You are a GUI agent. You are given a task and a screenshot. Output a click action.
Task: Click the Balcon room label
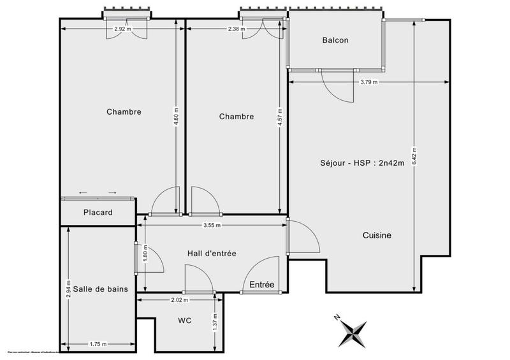[335, 40]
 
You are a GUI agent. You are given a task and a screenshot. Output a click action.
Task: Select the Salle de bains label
[100, 289]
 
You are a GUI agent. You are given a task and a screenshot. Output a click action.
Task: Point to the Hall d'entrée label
[212, 253]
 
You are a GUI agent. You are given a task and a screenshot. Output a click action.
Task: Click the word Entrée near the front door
[262, 285]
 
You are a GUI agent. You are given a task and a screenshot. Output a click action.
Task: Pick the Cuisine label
[377, 235]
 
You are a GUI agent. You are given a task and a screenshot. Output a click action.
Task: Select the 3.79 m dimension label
[368, 82]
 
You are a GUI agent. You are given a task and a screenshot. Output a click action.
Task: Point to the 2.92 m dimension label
[122, 29]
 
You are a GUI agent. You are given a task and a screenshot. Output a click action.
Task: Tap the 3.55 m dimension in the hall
[212, 225]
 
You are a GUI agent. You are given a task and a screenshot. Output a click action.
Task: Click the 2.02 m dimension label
[179, 300]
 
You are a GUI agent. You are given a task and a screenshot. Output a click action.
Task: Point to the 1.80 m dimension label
[145, 259]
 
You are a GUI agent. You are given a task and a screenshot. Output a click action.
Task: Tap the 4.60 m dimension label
[177, 118]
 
